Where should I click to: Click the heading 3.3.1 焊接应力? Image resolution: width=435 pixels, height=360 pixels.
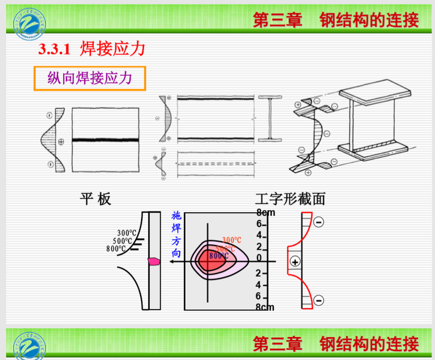pyautogui.click(x=92, y=49)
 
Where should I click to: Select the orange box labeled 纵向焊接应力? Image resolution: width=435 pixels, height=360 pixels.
pyautogui.click(x=89, y=78)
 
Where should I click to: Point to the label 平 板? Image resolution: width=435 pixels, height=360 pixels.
pyautogui.click(x=95, y=199)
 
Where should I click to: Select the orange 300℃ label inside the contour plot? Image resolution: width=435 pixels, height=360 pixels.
pyautogui.click(x=231, y=240)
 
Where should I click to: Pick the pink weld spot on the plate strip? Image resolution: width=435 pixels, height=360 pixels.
pyautogui.click(x=153, y=261)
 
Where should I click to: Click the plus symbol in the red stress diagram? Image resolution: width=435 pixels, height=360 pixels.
pyautogui.click(x=295, y=261)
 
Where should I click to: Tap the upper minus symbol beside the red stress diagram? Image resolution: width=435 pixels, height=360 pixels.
pyautogui.click(x=318, y=222)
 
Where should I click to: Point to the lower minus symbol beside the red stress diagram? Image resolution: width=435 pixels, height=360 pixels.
pyautogui.click(x=318, y=300)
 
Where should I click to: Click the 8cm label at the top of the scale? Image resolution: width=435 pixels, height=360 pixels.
pyautogui.click(x=265, y=212)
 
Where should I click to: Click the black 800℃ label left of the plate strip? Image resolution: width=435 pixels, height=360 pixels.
pyautogui.click(x=117, y=248)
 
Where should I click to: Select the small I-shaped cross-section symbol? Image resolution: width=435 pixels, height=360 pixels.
pyautogui.click(x=269, y=119)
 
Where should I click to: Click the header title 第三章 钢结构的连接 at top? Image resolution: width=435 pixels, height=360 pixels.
pyautogui.click(x=336, y=20)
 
